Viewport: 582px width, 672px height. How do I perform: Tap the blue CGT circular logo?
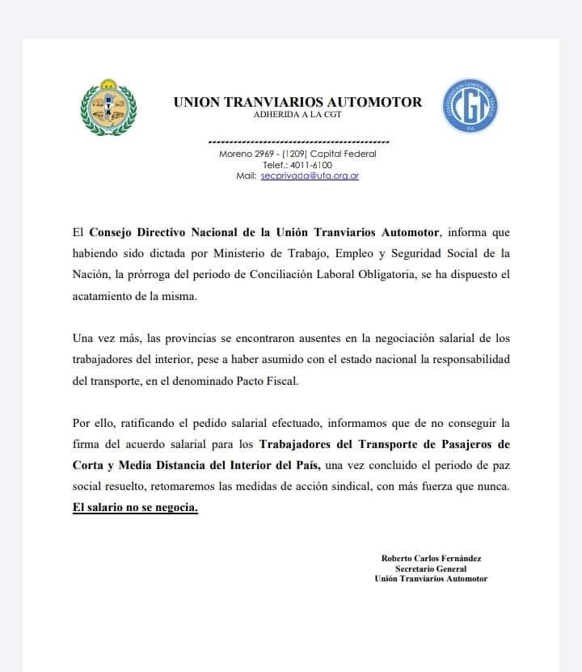click(x=470, y=106)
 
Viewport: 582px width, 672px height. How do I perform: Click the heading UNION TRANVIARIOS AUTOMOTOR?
click(x=297, y=102)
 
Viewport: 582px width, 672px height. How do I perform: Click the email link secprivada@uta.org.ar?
click(x=310, y=175)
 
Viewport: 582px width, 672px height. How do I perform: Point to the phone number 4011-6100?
click(x=310, y=165)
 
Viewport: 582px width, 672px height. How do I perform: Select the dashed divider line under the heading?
click(x=298, y=142)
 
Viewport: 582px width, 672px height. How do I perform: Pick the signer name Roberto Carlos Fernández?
click(x=431, y=558)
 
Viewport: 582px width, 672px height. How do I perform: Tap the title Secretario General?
click(x=431, y=568)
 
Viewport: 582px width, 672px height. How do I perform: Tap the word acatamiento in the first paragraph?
click(x=103, y=296)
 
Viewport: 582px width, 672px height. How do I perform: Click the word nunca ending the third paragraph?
click(x=491, y=487)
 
